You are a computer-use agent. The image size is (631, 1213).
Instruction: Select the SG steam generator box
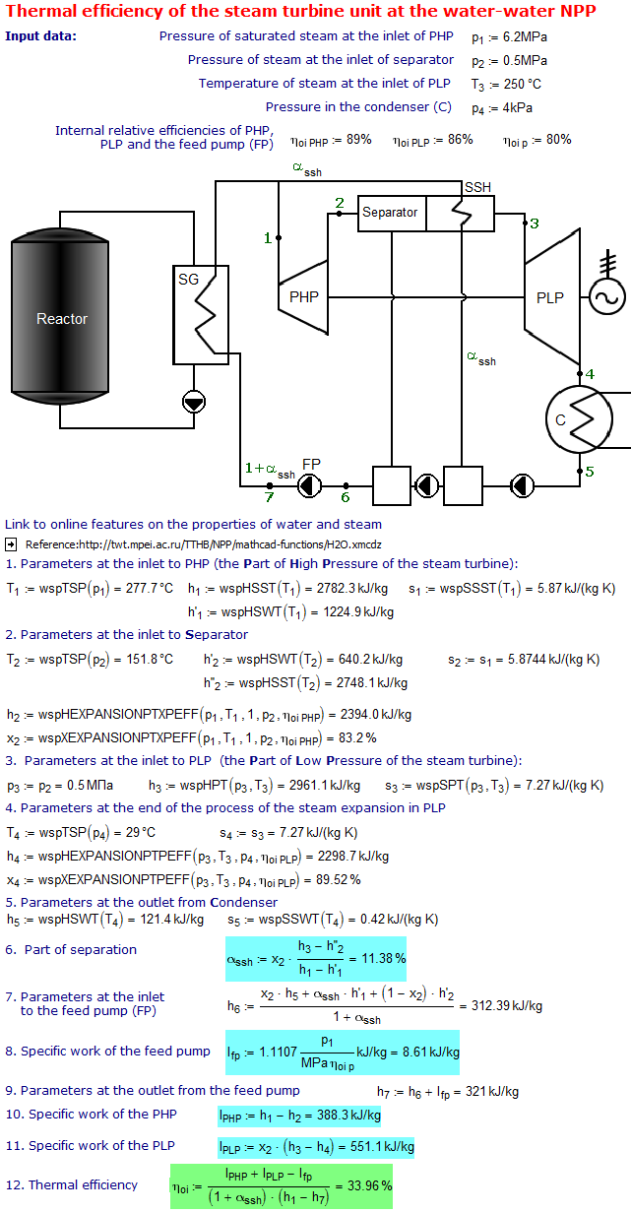click(201, 315)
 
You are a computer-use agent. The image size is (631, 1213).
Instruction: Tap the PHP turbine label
click(304, 296)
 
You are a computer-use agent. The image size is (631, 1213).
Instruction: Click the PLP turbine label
click(549, 297)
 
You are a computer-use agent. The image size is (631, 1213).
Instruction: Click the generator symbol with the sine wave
click(607, 296)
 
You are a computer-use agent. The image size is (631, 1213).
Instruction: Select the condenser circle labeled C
click(579, 419)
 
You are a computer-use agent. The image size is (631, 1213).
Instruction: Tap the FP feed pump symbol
click(309, 485)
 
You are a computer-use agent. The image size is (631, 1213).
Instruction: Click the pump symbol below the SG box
click(194, 403)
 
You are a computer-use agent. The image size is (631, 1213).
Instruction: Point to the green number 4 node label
click(590, 374)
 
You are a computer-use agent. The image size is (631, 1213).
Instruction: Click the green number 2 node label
click(340, 203)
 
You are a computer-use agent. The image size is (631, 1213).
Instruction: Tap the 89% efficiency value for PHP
click(359, 140)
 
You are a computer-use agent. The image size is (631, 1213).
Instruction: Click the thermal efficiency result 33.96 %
click(370, 1185)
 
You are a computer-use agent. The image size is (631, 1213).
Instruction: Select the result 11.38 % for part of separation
click(384, 958)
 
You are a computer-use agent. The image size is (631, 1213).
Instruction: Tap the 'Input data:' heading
click(40, 36)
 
